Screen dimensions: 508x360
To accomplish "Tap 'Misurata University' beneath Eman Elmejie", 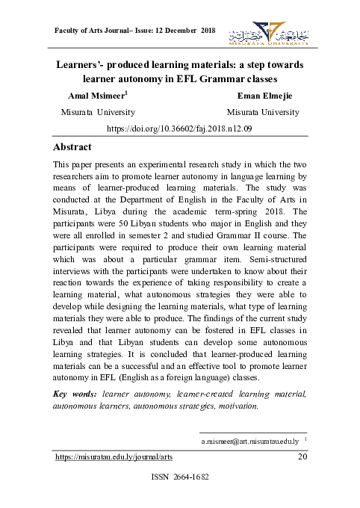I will click(262, 112).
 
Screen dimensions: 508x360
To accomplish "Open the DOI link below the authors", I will click(180, 128).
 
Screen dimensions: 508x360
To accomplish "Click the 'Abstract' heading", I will click(72, 147).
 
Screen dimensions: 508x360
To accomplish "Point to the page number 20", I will click(303, 456).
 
